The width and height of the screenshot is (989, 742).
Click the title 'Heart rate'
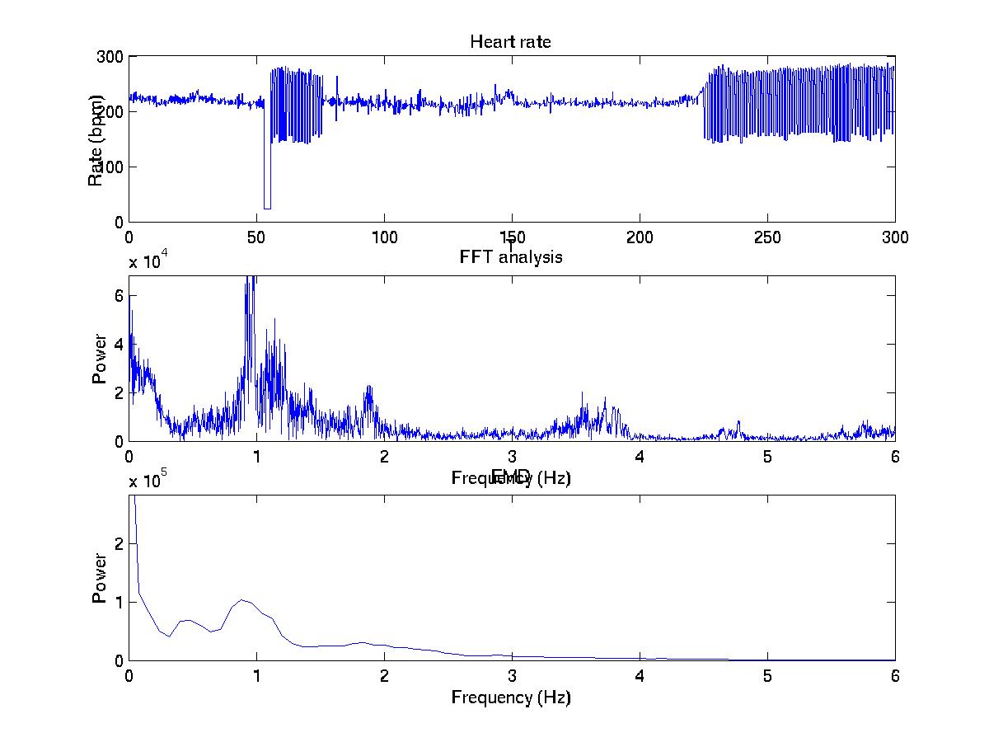510,41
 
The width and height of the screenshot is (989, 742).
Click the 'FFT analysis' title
510,257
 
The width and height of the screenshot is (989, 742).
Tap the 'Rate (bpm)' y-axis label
96,139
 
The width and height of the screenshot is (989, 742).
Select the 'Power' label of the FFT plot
100,359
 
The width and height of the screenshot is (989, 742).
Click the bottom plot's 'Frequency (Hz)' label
510,697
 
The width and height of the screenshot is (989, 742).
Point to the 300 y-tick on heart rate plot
110,56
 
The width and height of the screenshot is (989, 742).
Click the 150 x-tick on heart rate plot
512,237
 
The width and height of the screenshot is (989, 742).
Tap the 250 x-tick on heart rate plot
767,237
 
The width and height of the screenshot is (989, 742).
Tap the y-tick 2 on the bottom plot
119,544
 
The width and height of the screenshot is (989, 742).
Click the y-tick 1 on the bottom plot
119,603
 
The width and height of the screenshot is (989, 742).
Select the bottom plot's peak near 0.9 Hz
241,600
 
